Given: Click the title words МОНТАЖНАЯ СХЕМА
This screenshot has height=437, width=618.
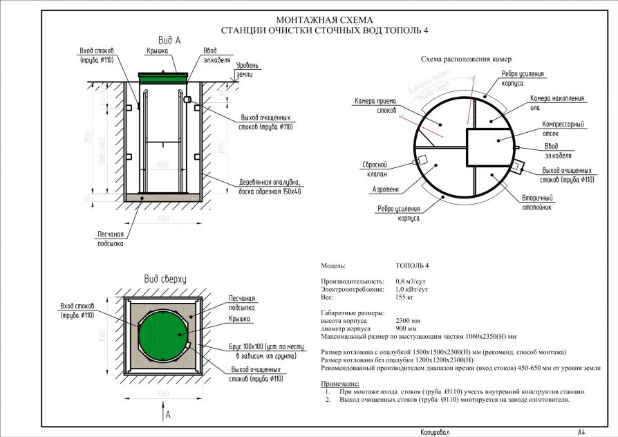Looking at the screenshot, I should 324,20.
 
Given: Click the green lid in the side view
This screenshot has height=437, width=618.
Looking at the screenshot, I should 164,77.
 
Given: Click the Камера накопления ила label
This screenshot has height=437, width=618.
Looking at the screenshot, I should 556,102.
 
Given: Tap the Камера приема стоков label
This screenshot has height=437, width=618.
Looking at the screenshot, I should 375,105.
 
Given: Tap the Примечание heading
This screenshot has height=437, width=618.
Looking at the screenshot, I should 340,384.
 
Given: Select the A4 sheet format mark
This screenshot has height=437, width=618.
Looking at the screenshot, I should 582,431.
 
